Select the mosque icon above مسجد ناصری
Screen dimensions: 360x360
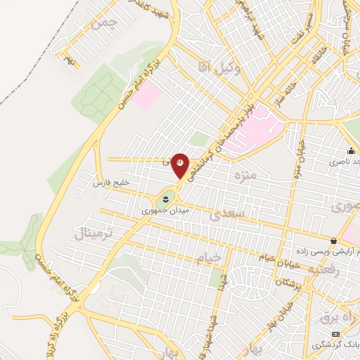click(x=351, y=151)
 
